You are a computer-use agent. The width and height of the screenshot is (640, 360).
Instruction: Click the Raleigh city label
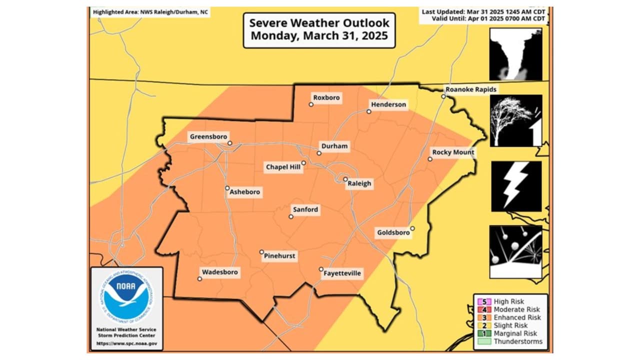[359, 183]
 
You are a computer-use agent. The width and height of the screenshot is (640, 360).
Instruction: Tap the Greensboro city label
[208, 136]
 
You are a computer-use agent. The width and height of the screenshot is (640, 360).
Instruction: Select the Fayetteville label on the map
[342, 273]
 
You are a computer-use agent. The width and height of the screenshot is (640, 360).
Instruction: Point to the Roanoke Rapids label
[471, 89]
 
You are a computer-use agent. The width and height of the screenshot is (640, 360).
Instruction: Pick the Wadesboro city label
[219, 272]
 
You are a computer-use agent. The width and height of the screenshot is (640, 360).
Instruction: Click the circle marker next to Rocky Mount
[430, 159]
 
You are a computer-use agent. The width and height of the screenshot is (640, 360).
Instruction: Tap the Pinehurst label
[279, 256]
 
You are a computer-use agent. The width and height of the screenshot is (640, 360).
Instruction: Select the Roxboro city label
[326, 98]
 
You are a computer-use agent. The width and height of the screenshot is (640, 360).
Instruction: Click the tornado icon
[515, 54]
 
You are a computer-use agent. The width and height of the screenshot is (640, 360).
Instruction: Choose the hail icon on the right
[515, 251]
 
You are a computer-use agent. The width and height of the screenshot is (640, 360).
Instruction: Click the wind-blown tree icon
[515, 120]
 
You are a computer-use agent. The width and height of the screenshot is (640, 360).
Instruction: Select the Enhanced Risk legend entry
[516, 317]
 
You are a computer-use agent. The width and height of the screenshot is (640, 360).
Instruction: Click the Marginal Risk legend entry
[515, 333]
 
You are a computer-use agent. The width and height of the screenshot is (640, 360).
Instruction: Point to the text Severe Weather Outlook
[319, 23]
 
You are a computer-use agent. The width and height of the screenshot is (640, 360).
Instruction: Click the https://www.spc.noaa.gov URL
[126, 344]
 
